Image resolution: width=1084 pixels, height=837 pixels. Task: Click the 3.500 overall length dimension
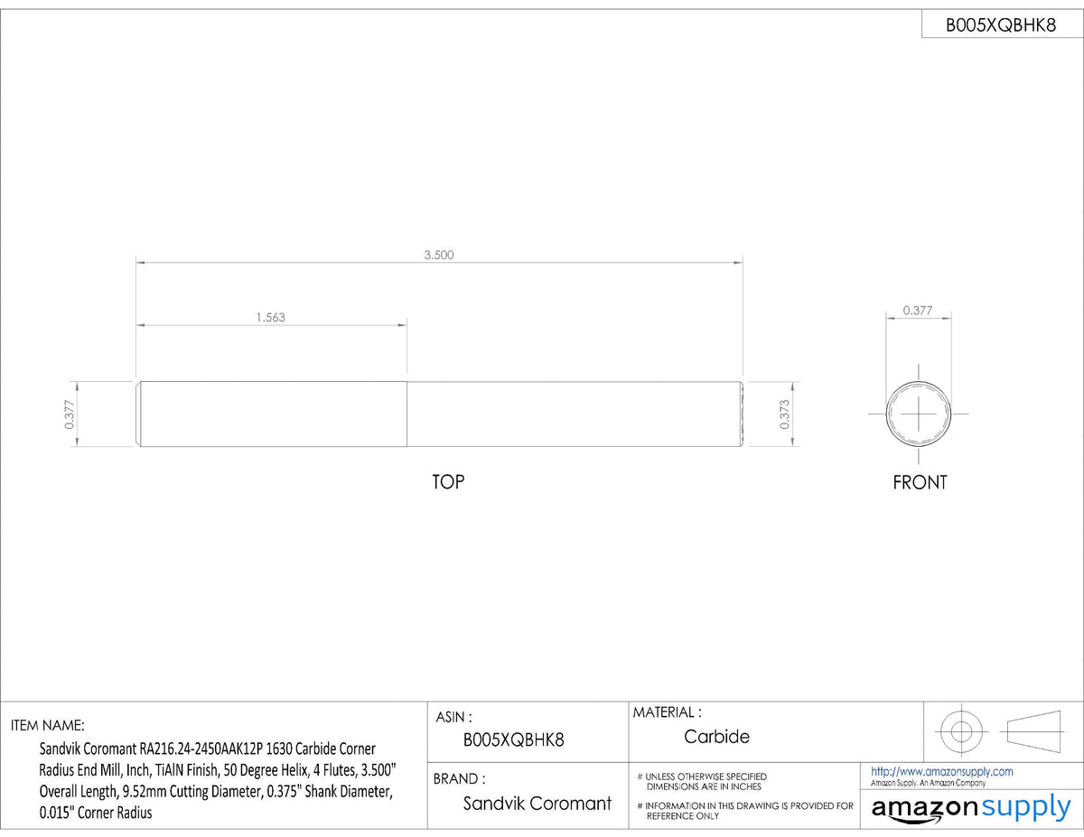(x=439, y=256)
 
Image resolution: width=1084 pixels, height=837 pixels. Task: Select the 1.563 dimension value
(x=270, y=318)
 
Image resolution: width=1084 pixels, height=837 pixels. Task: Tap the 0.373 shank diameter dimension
(x=784, y=414)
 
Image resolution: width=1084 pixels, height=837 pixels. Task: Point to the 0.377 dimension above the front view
(x=918, y=311)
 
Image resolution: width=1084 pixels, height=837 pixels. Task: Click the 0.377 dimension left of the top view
(x=70, y=414)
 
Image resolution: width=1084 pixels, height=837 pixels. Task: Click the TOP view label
(x=448, y=482)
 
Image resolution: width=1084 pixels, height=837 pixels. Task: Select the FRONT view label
(x=920, y=482)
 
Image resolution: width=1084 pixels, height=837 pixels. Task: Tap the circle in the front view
(x=886, y=414)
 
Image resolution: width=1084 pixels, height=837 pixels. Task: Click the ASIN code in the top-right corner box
(x=1001, y=25)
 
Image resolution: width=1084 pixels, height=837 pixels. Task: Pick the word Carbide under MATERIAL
(x=716, y=737)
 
